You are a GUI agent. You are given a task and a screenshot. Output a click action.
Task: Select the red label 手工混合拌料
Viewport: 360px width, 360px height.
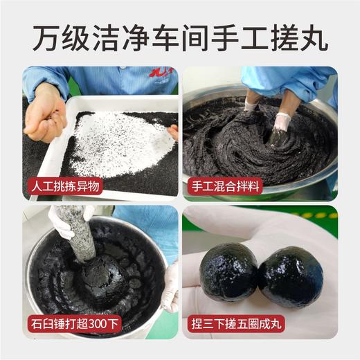225,186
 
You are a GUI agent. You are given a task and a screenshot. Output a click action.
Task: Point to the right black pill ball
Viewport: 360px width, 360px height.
290,276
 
